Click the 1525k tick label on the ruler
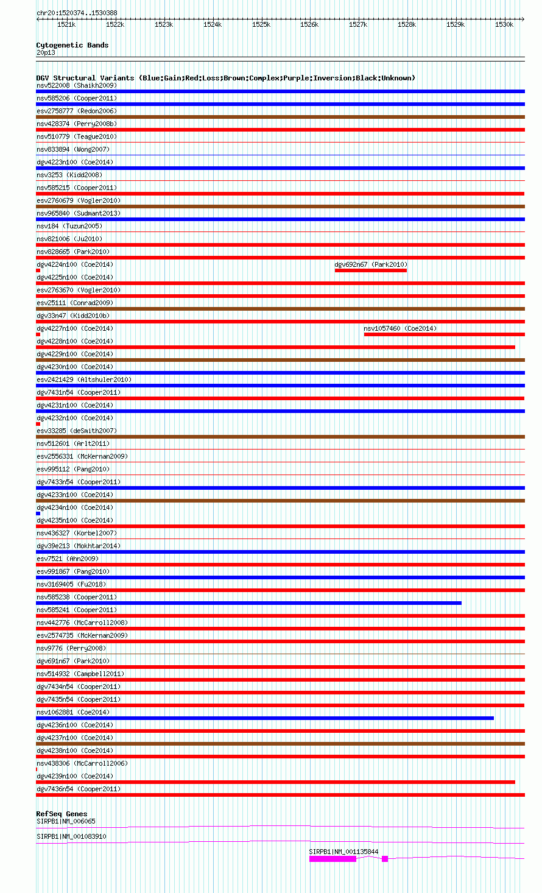[261, 25]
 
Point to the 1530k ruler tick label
[504, 25]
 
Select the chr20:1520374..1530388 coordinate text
[77, 13]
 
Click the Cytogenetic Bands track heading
[72, 45]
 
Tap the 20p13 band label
[46, 52]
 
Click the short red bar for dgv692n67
[370, 270]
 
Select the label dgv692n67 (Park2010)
[371, 264]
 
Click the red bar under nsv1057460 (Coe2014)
[444, 334]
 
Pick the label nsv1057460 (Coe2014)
[400, 328]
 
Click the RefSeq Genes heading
[62, 814]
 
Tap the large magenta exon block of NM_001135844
[333, 859]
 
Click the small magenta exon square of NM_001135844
[385, 859]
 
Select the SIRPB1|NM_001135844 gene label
[343, 852]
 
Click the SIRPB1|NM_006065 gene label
[66, 821]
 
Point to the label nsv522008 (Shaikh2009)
[77, 85]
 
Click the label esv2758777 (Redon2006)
[77, 111]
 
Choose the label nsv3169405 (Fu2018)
[71, 584]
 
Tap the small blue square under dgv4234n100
[38, 514]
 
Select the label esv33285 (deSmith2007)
[77, 431]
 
